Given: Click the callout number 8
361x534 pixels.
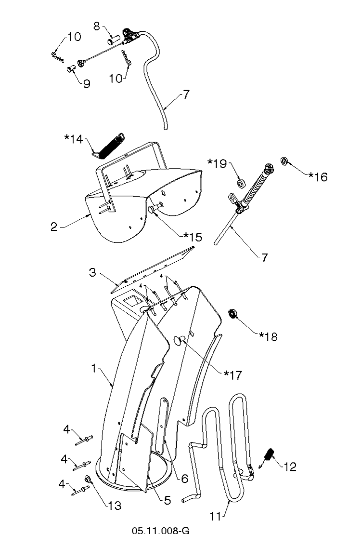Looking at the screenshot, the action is [97, 26].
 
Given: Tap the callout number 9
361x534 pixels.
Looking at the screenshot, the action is [87, 83].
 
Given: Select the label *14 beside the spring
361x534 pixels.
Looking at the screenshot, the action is [74, 139].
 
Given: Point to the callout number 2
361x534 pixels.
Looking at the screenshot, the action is [54, 227].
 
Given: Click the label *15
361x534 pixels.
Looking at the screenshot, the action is [193, 237].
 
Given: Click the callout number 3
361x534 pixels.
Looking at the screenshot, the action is [92, 273].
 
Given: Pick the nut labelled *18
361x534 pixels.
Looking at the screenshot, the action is [232, 313].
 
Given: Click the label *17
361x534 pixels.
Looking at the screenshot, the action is [233, 375].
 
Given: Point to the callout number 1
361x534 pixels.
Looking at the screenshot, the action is [94, 369].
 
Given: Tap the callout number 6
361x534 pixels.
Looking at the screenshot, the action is [185, 479].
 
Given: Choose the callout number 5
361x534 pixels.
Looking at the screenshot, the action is [167, 500].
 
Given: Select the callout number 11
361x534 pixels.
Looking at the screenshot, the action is [215, 517].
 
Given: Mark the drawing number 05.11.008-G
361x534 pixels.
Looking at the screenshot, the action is [161, 530].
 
